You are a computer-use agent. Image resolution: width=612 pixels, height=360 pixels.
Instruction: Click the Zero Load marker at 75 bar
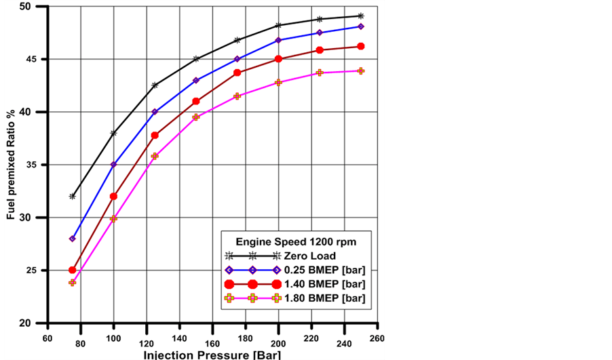[x=73, y=197]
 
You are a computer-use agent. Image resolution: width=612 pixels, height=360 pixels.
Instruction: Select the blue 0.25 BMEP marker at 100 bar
[x=114, y=165]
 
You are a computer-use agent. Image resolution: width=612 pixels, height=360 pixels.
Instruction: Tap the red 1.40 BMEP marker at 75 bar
[x=73, y=270]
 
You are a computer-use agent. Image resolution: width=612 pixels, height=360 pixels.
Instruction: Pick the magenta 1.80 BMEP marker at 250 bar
[x=361, y=71]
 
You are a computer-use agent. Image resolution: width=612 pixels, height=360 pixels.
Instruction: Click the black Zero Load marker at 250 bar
[x=361, y=16]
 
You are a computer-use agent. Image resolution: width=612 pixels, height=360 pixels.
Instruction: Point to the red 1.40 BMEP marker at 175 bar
[x=237, y=73]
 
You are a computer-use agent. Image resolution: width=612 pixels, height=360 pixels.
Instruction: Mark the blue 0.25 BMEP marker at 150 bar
[x=196, y=80]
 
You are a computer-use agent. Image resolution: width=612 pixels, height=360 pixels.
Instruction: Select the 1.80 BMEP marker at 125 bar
[x=155, y=156]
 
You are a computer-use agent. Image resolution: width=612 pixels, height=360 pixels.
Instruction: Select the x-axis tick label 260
[x=377, y=337]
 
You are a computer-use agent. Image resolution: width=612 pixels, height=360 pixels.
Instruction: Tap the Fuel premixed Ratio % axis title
[x=10, y=165]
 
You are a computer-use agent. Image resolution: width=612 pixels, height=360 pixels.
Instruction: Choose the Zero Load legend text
[x=314, y=256]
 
